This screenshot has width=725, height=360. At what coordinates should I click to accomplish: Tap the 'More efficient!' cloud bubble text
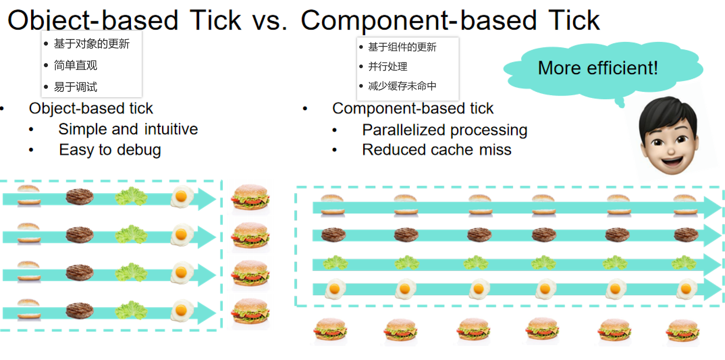598,68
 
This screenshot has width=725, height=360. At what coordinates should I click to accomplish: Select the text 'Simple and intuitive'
128,129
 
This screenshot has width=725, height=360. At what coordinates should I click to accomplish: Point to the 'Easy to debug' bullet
110,150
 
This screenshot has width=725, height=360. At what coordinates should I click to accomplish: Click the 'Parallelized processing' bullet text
445,130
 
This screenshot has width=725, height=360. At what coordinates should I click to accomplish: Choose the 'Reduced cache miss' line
437,150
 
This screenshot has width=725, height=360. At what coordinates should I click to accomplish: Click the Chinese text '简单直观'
76,65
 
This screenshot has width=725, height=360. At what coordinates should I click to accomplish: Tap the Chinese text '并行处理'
388,67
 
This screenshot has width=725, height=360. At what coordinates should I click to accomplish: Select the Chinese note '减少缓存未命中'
402,86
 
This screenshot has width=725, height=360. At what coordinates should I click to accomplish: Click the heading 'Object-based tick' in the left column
91,109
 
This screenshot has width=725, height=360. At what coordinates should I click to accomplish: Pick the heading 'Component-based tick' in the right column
413,109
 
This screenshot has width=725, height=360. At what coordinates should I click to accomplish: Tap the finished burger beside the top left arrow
250,197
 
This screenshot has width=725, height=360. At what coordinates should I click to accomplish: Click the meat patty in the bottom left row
79,310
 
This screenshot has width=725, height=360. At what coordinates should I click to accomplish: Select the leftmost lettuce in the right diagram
335,263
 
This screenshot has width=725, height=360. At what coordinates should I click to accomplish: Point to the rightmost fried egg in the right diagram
686,289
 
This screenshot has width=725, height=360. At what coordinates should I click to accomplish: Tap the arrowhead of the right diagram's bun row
712,208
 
